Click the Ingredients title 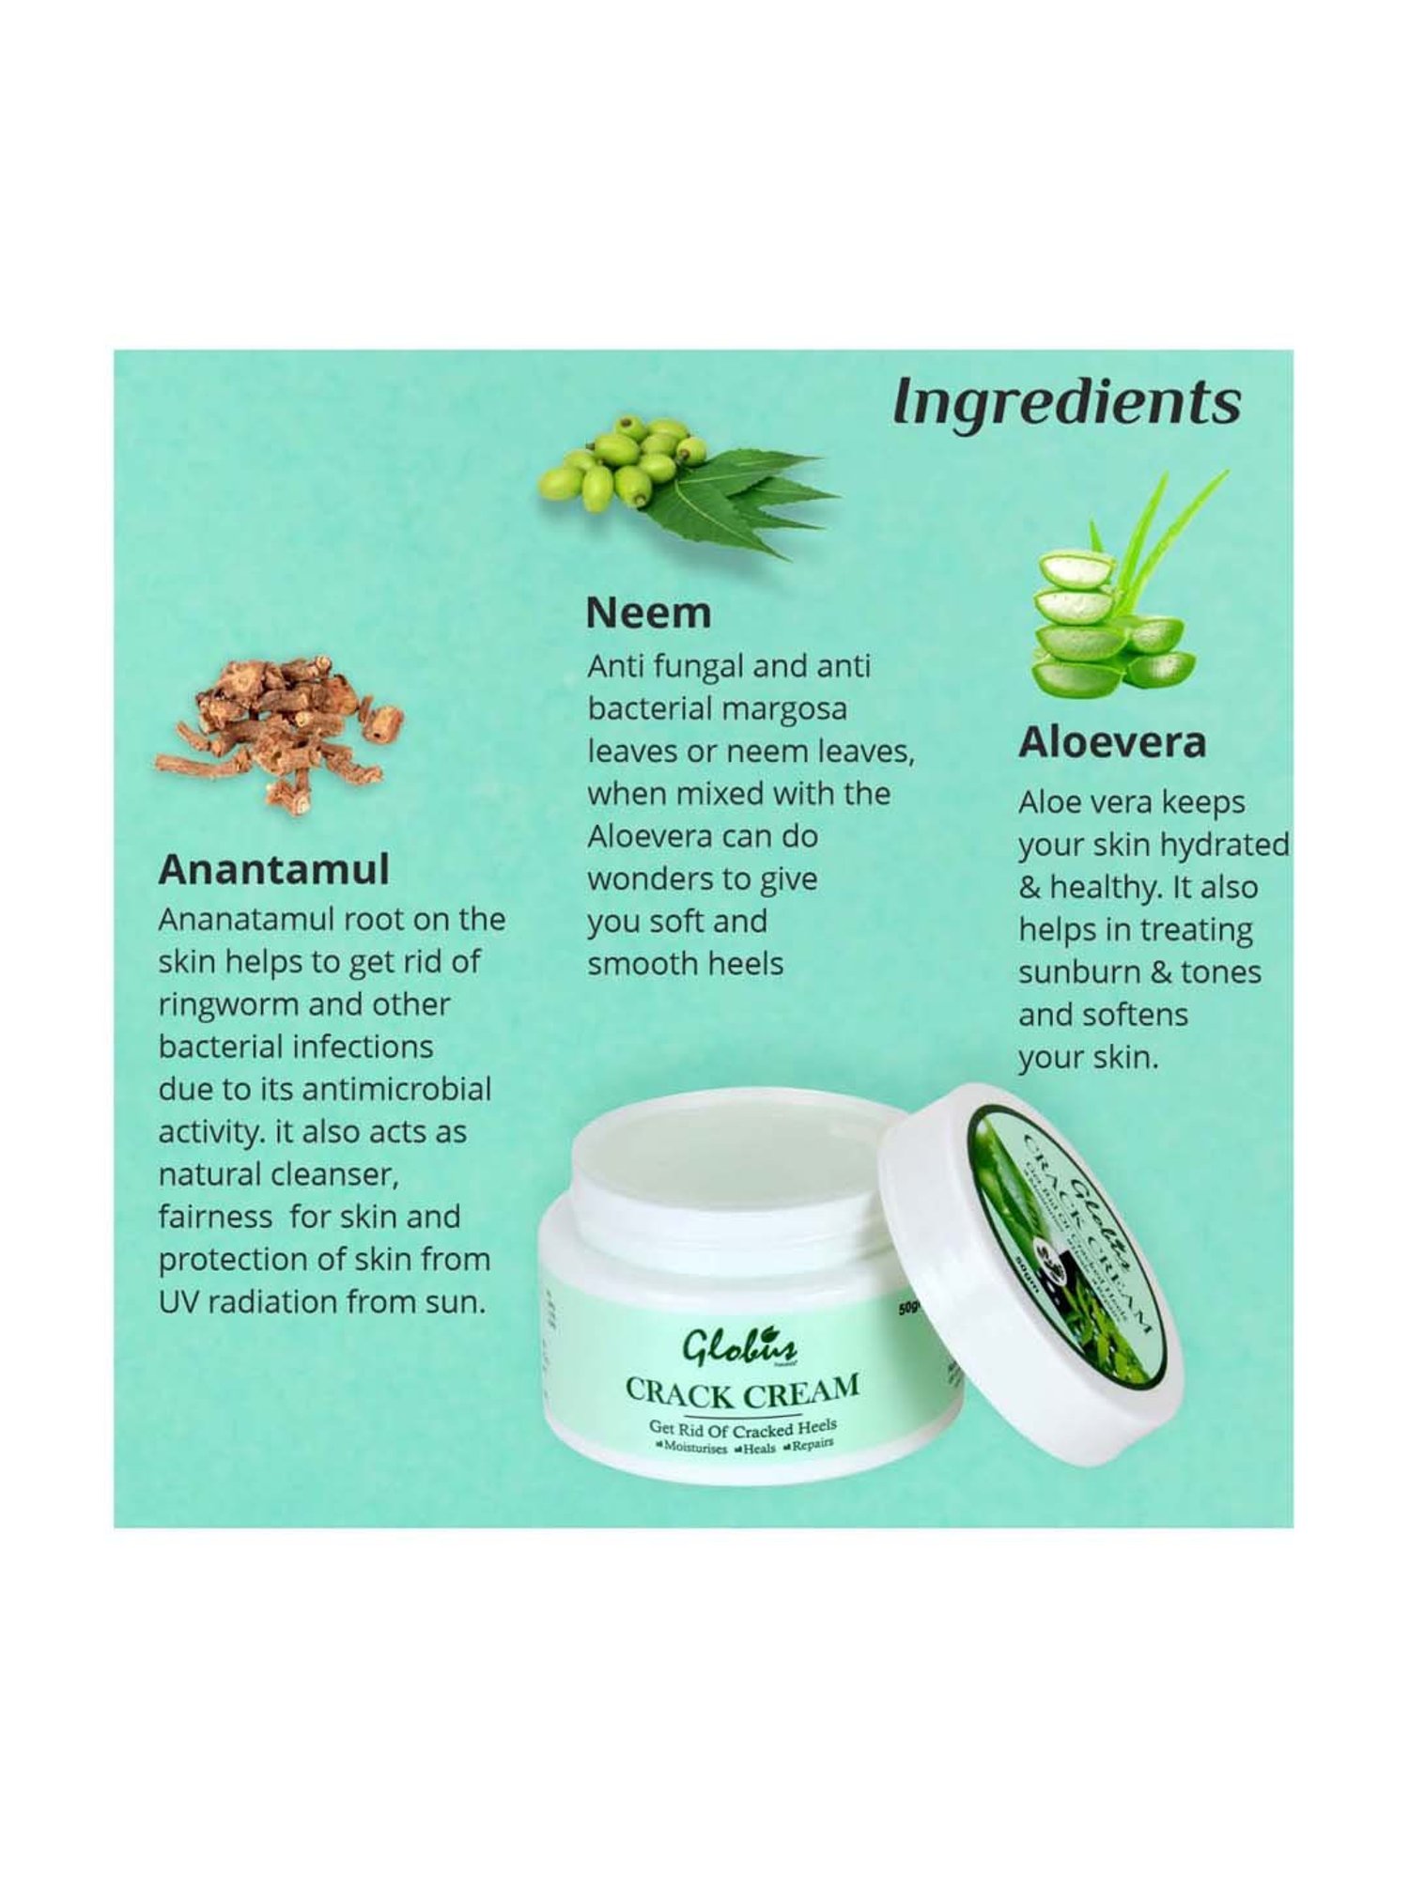[x=1066, y=402]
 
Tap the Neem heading [x=648, y=613]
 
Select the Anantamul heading [x=273, y=870]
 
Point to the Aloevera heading [x=1111, y=742]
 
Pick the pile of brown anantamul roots [x=282, y=728]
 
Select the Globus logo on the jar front [x=739, y=1350]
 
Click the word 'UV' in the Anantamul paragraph [x=178, y=1302]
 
